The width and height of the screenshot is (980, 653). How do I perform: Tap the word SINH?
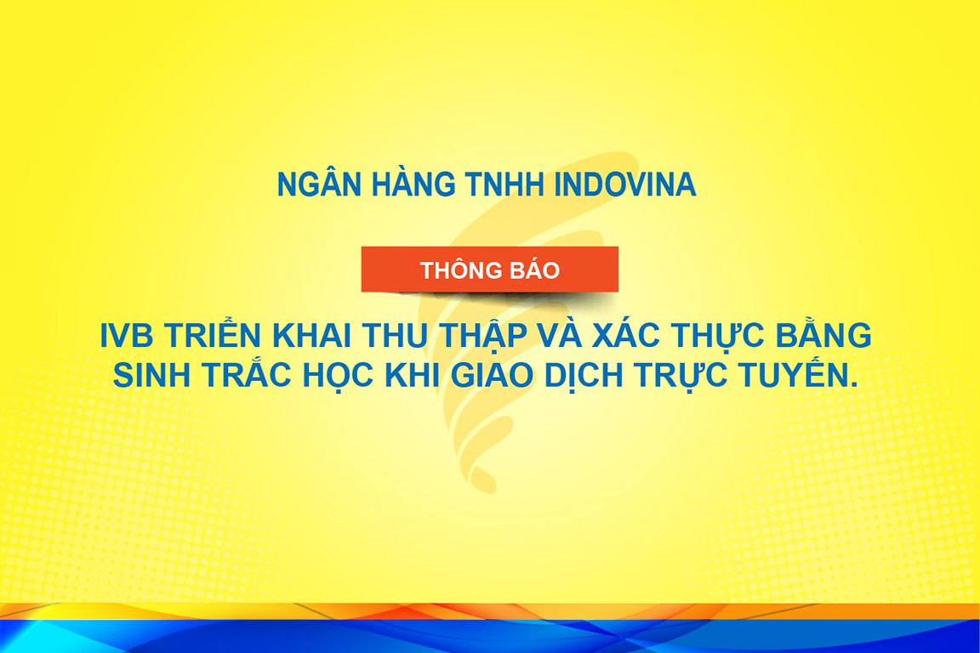coord(151,375)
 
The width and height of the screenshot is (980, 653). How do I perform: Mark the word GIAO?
coord(493,375)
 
